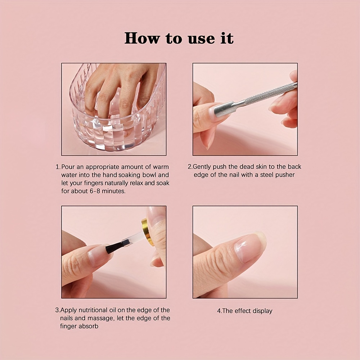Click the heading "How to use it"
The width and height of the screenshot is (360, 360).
pos(179,38)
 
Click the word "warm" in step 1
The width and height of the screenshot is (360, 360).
pos(161,167)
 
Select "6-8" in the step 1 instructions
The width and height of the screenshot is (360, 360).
pos(95,191)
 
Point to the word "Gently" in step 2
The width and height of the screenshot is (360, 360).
pos(202,167)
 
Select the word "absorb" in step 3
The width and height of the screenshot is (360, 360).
pos(89,326)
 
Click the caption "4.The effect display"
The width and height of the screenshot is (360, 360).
pos(245,311)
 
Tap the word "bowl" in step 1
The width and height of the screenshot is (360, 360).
pos(149,175)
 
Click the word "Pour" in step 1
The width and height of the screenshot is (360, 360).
pos(68,167)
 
